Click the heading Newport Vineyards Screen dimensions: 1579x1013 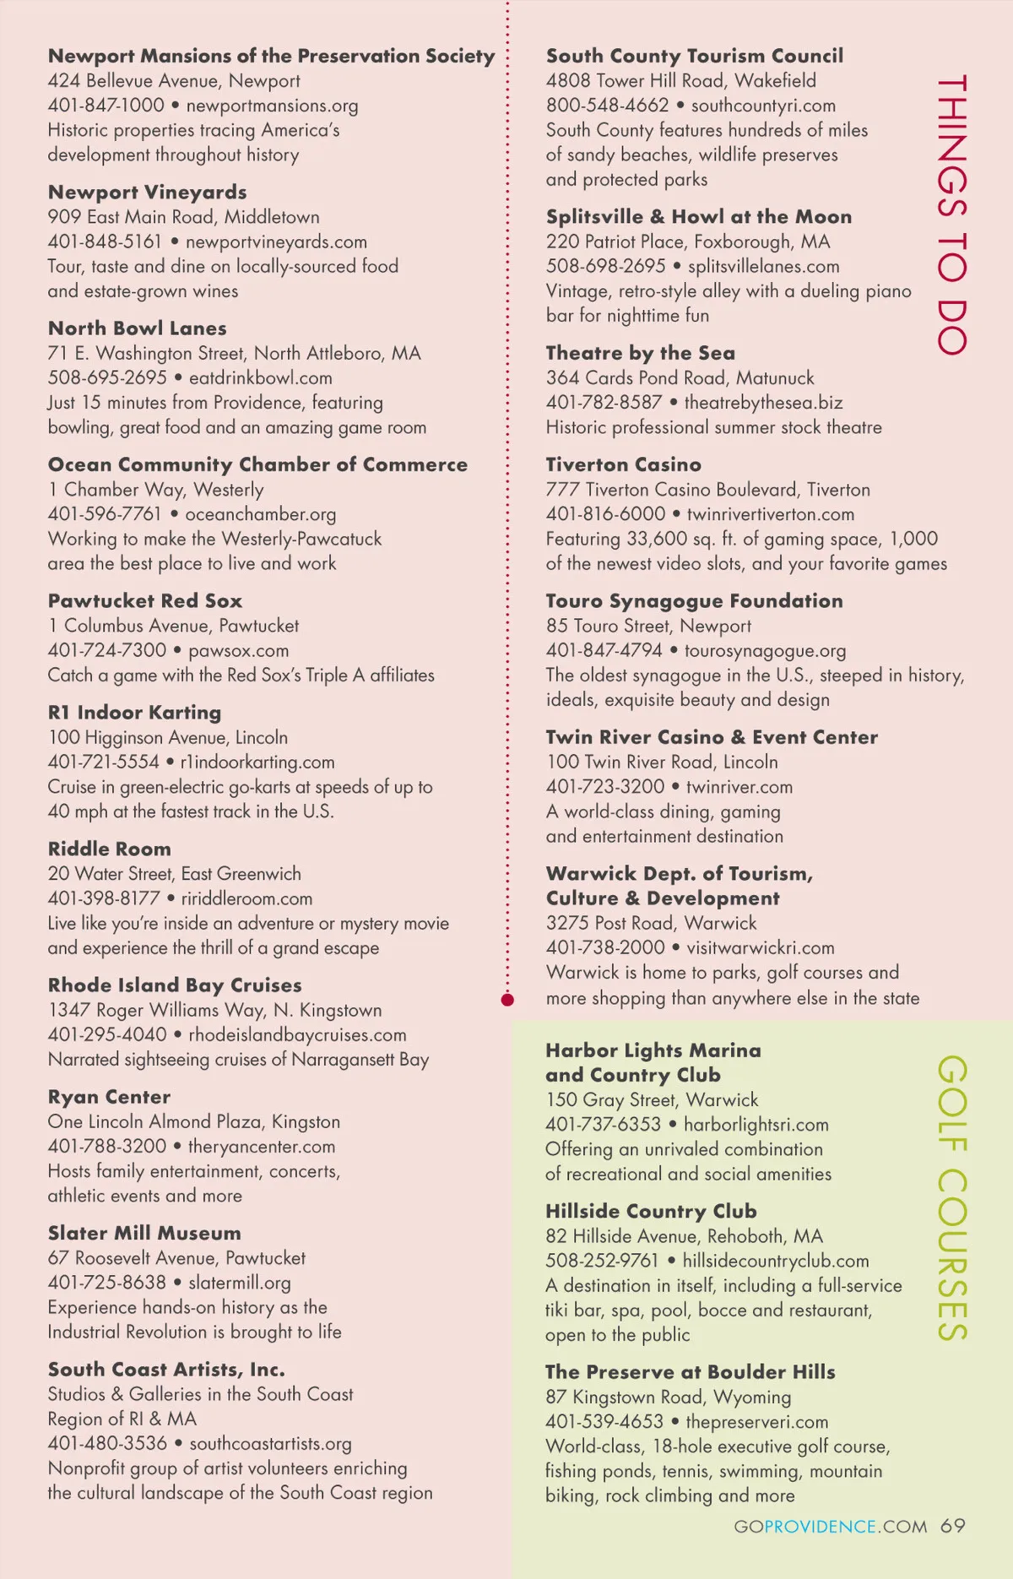[147, 193]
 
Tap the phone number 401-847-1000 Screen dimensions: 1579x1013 [106, 106]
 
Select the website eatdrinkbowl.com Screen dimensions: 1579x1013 [260, 377]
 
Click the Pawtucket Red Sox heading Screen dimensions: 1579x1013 [144, 601]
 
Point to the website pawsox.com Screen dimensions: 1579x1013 [238, 650]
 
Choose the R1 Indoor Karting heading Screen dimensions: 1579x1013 [134, 713]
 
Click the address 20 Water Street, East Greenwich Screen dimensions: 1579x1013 [174, 874]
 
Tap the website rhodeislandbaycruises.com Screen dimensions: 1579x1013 [297, 1034]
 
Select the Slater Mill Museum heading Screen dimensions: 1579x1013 [144, 1233]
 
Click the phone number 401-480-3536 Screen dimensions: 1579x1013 [107, 1444]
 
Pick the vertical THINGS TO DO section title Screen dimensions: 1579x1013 [952, 215]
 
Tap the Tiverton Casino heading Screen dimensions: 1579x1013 [623, 464]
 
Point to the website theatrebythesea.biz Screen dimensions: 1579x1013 [763, 403]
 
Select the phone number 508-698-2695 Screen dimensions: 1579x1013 [605, 266]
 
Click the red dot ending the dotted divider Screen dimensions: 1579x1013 [507, 1000]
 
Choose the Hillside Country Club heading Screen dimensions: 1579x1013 [651, 1211]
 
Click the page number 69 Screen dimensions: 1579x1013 [953, 1526]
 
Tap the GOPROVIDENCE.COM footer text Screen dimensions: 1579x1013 [830, 1527]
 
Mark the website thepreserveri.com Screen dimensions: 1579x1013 [756, 1422]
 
